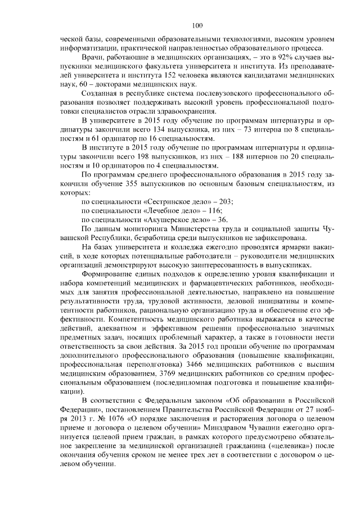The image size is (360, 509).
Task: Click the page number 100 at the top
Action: tap(196, 24)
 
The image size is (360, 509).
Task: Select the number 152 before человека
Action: tap(144, 75)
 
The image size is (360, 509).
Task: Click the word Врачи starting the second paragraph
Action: tap(92, 57)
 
